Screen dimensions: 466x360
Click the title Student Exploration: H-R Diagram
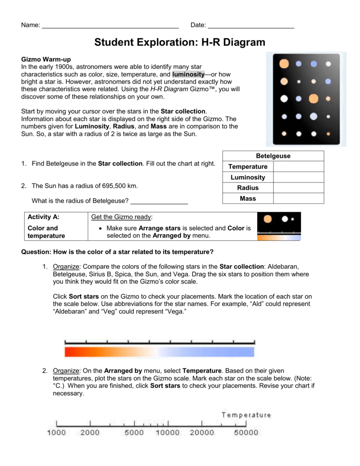pos(180,42)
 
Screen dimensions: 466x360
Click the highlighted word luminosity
pos(188,74)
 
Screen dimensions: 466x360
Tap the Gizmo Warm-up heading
pos(46,59)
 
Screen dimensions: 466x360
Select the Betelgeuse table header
pos(273,156)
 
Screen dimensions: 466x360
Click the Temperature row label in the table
pos(248,167)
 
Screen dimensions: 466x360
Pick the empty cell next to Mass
pos(299,198)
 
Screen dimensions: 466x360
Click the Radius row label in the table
pos(248,188)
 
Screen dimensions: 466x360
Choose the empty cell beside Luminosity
pos(299,177)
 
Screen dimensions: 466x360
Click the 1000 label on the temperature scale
pos(56,433)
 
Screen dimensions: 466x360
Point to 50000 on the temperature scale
pos(246,433)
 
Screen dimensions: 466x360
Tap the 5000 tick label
pos(134,433)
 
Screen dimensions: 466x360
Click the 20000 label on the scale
pos(202,433)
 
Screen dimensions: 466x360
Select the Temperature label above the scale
pos(246,415)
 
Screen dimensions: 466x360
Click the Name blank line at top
pos(110,25)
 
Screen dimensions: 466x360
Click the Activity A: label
pos(44,218)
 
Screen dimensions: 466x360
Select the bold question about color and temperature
pos(117,252)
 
